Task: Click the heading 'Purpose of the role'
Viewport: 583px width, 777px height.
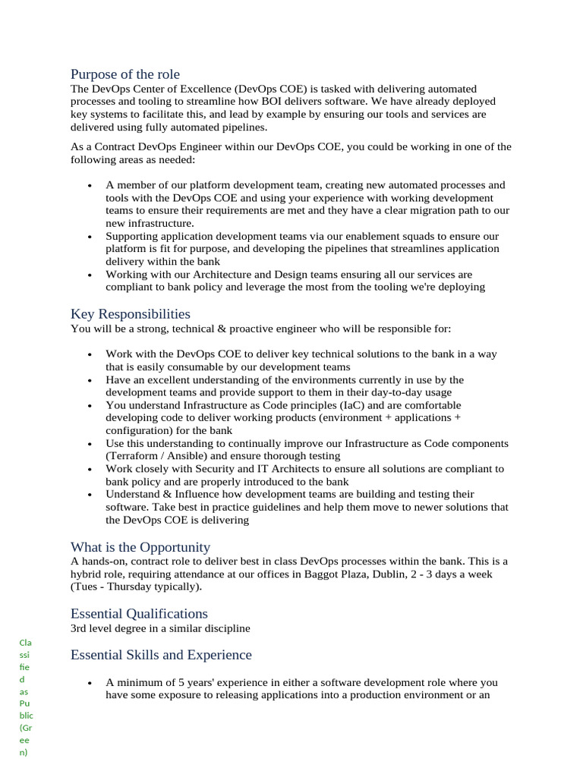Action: click(x=125, y=74)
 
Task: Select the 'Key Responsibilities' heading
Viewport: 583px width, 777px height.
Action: click(x=130, y=314)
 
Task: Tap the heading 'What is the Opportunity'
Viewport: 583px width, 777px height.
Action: click(x=140, y=547)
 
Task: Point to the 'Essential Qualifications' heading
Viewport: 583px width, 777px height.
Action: click(x=139, y=613)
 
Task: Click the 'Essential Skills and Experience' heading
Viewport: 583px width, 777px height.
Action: click(x=161, y=655)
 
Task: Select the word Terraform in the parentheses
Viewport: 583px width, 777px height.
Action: click(x=135, y=456)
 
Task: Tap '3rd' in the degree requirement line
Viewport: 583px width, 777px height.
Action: click(x=80, y=628)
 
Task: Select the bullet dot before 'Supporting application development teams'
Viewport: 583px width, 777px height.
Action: click(x=90, y=237)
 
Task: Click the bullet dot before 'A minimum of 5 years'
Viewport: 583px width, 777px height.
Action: click(x=90, y=683)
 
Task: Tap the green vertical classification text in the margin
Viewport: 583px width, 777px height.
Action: click(x=27, y=698)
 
